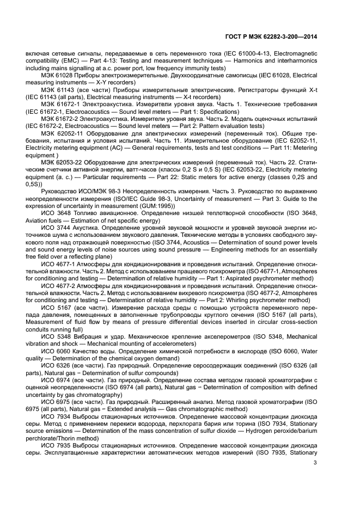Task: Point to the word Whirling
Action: tap(239, 299)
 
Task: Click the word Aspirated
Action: tap(232, 273)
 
